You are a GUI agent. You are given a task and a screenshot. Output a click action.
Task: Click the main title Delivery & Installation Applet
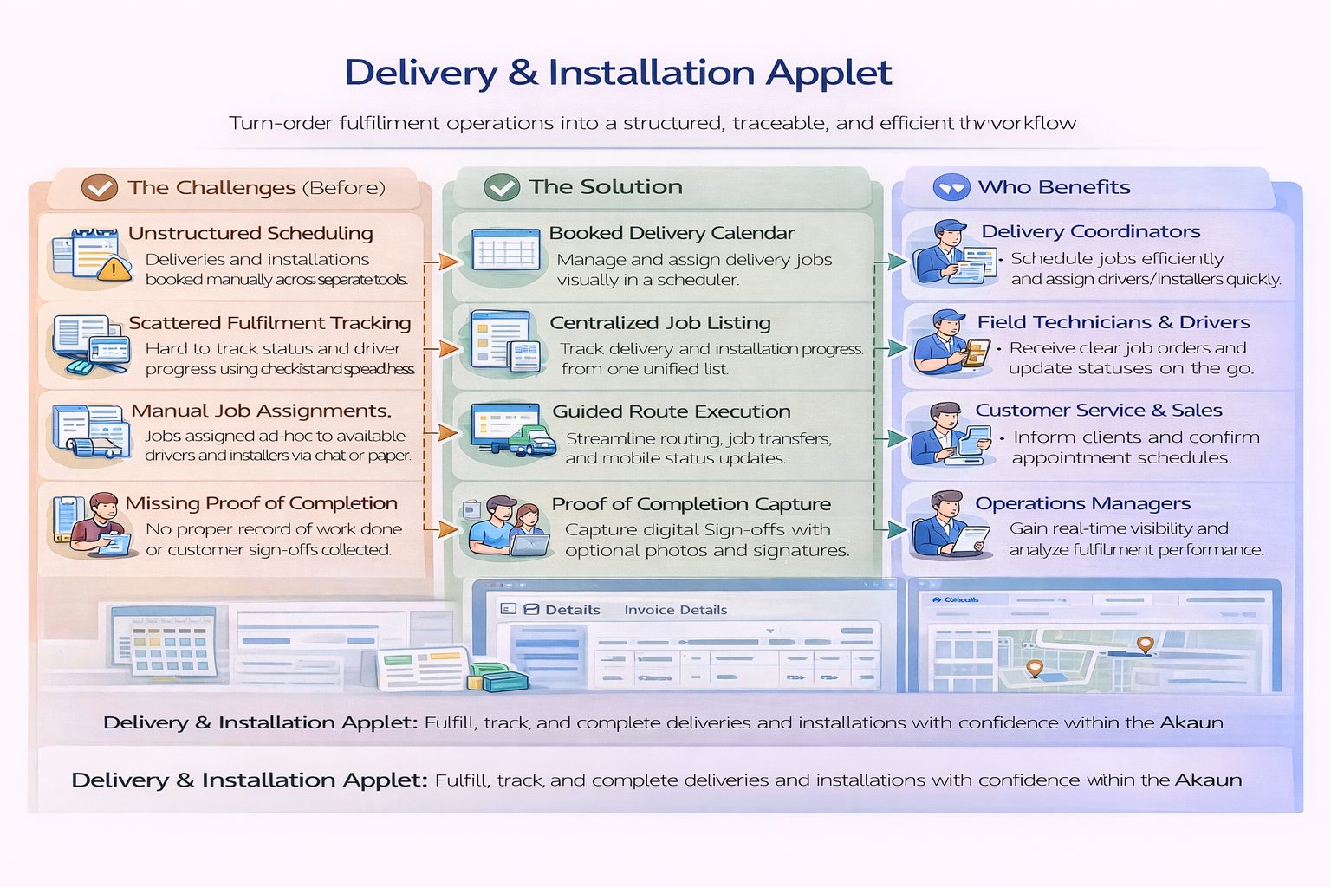618,73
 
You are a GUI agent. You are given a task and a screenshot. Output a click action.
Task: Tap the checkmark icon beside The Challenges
100,187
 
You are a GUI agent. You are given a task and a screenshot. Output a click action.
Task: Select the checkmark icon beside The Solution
502,187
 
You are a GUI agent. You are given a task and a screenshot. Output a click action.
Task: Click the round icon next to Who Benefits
951,187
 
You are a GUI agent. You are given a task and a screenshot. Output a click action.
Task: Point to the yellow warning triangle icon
114,269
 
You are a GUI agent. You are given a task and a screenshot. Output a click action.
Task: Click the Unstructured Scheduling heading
250,233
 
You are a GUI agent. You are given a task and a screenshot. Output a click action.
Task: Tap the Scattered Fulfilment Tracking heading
269,323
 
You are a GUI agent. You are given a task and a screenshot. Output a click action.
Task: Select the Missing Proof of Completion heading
261,503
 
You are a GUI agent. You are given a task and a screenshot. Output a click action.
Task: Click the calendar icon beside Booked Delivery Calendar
506,252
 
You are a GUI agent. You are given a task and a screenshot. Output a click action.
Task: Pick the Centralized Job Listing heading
659,323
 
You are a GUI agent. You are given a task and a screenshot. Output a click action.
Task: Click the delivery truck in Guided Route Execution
532,441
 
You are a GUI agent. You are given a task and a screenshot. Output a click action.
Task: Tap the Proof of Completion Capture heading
691,504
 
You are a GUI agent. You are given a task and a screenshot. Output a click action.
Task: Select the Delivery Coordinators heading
1090,231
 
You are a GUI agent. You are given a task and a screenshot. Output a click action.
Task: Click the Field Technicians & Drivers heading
1113,322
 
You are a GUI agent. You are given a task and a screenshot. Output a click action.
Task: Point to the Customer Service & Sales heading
1098,411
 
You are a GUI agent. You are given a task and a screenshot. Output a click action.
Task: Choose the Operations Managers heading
1082,503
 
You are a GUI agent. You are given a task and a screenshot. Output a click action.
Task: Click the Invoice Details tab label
675,610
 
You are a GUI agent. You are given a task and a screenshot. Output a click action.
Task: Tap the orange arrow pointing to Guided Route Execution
447,432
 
